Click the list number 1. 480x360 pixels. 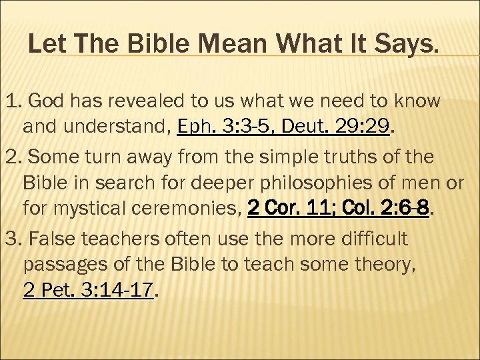(x=13, y=101)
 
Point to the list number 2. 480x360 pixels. (x=13, y=158)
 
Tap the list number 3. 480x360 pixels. (x=13, y=239)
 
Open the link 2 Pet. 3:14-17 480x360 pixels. (x=88, y=291)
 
